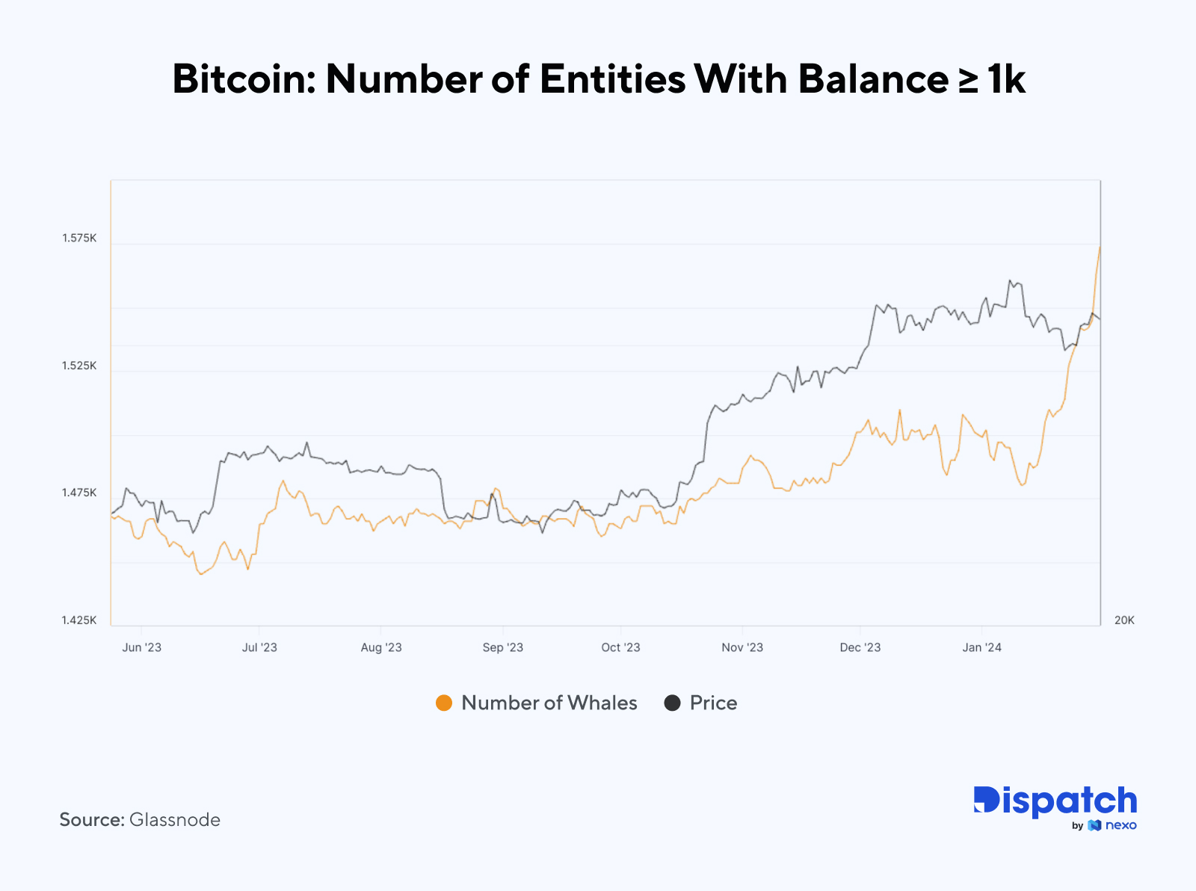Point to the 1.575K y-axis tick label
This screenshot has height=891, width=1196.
79,238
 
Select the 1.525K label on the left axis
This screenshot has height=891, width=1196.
79,366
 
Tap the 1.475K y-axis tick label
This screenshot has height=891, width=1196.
79,493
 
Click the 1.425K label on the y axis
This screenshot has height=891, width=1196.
79,620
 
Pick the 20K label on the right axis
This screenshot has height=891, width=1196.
1123,620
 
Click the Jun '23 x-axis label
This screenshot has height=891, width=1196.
141,647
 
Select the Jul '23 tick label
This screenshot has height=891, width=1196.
259,647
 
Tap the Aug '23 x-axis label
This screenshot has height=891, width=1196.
381,647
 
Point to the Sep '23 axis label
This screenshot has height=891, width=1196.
503,647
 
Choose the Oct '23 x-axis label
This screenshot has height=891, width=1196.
620,647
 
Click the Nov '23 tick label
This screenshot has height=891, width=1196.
742,647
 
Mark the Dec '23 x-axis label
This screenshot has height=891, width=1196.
860,647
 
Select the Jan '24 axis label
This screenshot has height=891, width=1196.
981,647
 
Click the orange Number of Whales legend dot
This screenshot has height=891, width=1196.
444,703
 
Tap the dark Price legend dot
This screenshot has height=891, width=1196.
672,703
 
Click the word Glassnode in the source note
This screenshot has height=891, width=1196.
175,820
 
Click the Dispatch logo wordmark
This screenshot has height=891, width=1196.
1055,801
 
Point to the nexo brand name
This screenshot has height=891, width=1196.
1121,825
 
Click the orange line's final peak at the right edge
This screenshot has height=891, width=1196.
1100,247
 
